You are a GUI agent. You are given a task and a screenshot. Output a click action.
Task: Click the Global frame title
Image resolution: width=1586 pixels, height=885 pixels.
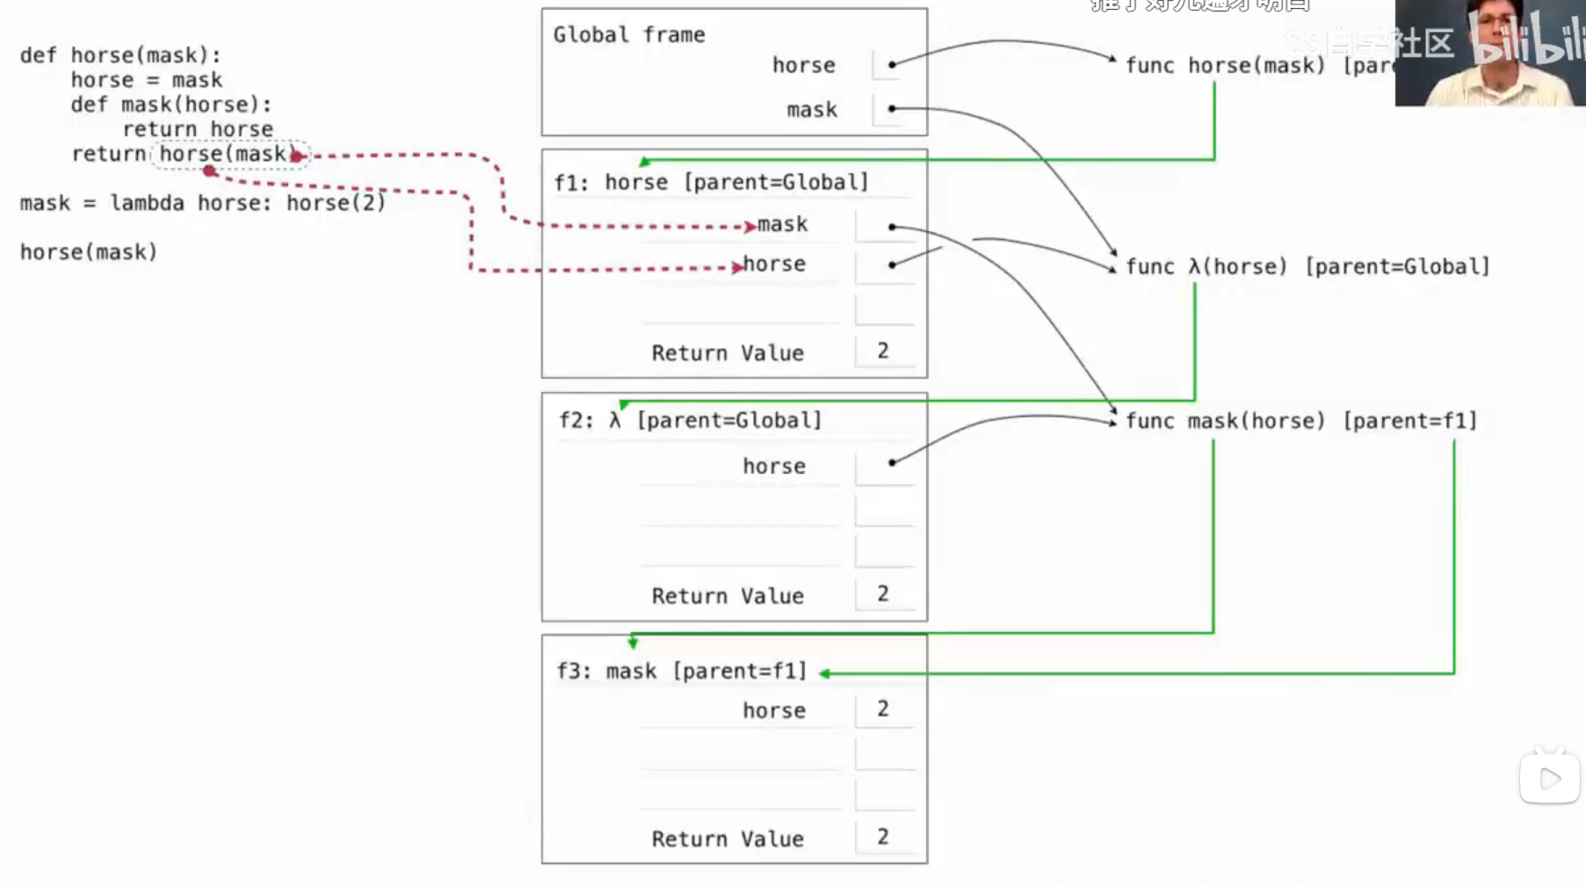click(x=629, y=35)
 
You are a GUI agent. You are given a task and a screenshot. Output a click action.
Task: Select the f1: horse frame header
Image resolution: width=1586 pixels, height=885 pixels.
click(x=711, y=183)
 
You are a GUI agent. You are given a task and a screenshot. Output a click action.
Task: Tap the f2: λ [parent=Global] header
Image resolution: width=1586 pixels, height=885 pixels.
click(x=691, y=421)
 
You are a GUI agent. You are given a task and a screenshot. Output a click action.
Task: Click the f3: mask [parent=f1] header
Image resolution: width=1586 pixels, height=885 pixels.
click(x=682, y=671)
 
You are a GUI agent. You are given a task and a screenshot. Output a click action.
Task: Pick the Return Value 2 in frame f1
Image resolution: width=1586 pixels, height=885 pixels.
click(x=883, y=352)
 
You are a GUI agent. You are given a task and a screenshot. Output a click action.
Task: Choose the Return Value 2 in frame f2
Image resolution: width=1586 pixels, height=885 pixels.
click(x=883, y=595)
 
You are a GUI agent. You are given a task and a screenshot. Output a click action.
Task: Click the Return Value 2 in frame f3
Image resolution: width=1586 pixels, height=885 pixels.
click(x=883, y=838)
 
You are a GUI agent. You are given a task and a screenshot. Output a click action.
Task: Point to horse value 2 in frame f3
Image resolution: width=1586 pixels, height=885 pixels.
click(x=883, y=709)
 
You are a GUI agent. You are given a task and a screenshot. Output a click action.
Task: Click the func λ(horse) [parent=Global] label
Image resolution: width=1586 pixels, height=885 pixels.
click(x=1307, y=267)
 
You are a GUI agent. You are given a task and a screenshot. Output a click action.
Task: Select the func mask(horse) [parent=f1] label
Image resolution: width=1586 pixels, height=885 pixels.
click(x=1300, y=421)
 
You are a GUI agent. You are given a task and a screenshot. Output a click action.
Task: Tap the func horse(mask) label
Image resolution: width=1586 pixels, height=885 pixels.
click(x=1225, y=66)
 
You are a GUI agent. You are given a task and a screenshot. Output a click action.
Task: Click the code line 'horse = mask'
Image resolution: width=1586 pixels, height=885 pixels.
click(x=147, y=80)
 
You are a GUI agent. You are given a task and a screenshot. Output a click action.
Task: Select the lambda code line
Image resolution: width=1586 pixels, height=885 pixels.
click(x=203, y=203)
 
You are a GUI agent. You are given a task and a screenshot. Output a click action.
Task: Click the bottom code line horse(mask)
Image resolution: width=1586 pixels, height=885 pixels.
click(x=89, y=252)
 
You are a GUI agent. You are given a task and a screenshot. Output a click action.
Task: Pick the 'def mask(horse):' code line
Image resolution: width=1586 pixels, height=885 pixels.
click(x=171, y=105)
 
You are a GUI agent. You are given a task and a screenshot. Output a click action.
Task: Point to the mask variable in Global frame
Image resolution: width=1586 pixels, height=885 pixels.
click(x=812, y=110)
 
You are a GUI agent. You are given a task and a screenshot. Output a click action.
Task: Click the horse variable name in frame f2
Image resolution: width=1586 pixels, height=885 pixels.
click(x=774, y=467)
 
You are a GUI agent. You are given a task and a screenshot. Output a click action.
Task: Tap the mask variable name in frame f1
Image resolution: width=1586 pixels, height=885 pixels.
click(x=783, y=225)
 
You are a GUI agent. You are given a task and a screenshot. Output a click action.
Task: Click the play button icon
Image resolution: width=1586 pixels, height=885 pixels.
click(x=1550, y=779)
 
